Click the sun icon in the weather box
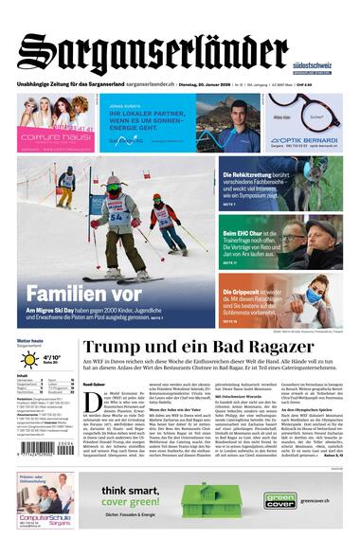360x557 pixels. coord(29,362)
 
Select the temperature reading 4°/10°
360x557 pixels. coord(52,358)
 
